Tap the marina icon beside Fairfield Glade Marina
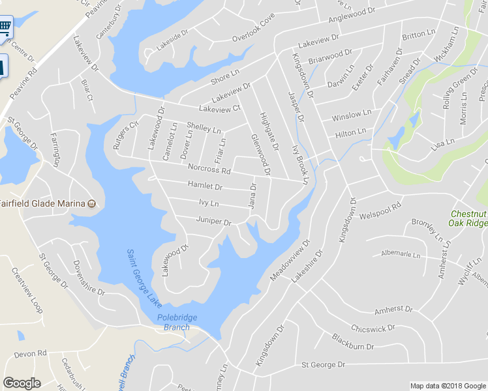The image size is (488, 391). (x=92, y=203)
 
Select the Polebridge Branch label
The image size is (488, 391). (x=177, y=322)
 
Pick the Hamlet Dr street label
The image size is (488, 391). (x=205, y=186)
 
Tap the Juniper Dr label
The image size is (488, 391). (x=214, y=222)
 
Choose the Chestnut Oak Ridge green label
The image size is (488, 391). (x=468, y=218)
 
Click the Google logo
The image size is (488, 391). (x=22, y=383)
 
